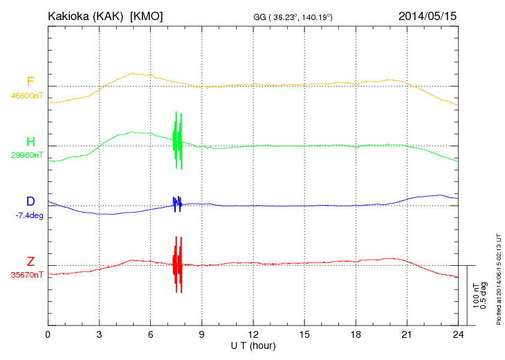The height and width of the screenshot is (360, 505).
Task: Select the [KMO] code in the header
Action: tap(146, 16)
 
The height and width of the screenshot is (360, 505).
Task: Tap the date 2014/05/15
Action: tap(428, 16)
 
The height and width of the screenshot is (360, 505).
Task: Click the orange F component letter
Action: tap(30, 82)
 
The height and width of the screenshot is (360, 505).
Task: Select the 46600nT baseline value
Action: tap(27, 96)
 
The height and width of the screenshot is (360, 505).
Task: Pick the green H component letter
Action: tap(30, 142)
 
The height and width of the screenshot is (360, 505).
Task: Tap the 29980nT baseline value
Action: tap(27, 155)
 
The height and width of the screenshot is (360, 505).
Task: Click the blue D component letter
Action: tap(30, 201)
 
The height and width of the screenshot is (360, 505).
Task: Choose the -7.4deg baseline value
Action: tap(29, 215)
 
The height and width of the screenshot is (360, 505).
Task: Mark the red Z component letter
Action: tap(30, 262)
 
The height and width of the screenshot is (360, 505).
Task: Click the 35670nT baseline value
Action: tap(27, 275)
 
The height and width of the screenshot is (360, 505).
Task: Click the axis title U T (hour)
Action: tap(253, 345)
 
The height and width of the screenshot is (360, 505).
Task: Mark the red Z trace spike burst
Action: tap(178, 264)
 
